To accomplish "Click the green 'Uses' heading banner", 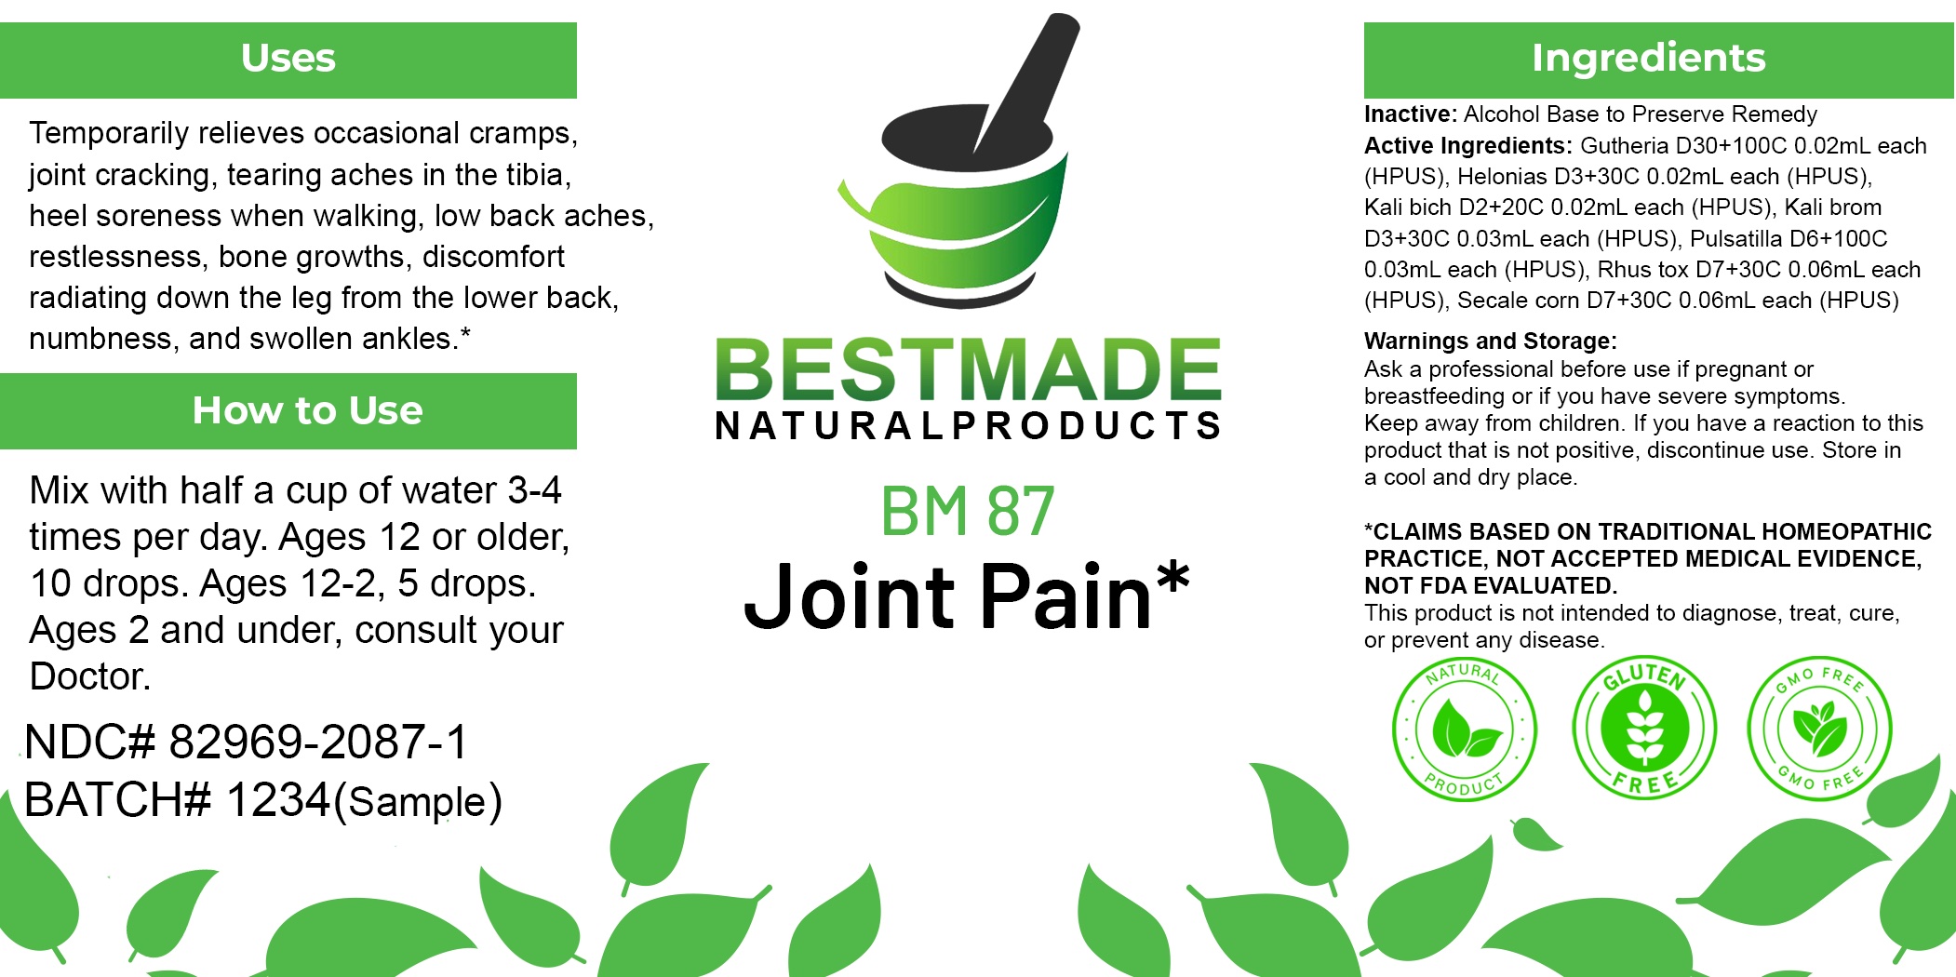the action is (288, 60).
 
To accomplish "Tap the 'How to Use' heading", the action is (307, 410).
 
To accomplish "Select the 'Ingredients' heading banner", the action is (1658, 60).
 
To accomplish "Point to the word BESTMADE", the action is (968, 369).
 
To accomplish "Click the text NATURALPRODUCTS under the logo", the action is (968, 425).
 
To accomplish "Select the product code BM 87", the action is (968, 511).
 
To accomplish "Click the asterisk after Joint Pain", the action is (1172, 577).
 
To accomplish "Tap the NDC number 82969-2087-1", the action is (318, 742).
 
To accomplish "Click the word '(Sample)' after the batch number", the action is (418, 802).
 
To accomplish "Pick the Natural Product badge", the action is (1464, 729).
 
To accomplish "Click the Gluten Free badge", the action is (1644, 728).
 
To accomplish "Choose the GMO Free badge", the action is (1819, 729).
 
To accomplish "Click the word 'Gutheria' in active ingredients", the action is (1625, 146).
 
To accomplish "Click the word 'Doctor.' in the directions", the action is (90, 676).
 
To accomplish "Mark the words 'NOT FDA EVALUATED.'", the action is (1491, 585).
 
